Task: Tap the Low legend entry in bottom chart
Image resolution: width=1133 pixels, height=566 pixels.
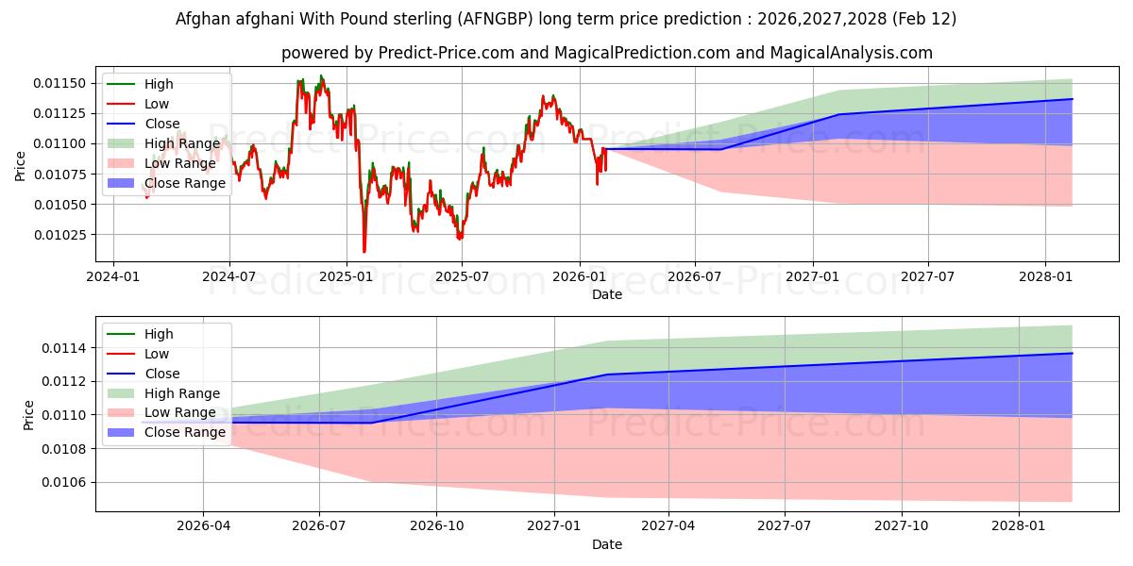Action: coord(157,354)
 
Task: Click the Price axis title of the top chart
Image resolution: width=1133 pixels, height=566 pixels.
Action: coord(21,165)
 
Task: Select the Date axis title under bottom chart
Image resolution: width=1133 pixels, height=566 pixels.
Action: coord(606,544)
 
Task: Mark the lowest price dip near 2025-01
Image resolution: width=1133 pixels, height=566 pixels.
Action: coord(364,252)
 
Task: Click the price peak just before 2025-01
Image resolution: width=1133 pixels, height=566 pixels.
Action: coord(321,75)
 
